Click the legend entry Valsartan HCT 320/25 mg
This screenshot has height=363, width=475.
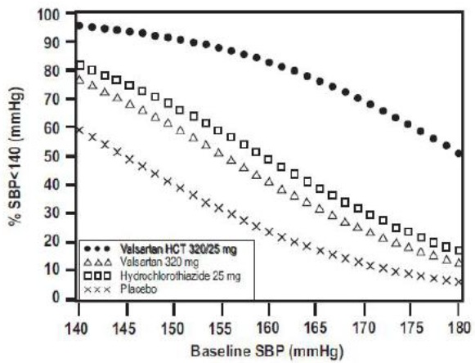coord(178,249)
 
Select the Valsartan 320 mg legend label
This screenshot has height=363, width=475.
coord(159,262)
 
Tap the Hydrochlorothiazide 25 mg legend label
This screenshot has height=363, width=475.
coord(181,276)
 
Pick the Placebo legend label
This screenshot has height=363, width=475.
coord(139,289)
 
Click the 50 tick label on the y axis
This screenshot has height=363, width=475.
coord(52,156)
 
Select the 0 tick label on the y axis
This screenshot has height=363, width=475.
coord(56,298)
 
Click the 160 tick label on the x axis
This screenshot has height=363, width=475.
coord(268,329)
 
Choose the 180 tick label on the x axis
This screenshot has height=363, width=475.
coord(459,329)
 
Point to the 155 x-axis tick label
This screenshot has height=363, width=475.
coord(221,329)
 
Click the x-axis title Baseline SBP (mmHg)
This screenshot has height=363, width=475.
coord(267,352)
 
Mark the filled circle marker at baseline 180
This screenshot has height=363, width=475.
coord(459,154)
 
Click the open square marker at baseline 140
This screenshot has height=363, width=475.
coord(80,65)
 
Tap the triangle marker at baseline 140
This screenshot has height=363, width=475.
coord(79,80)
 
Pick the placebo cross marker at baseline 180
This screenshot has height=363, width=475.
coord(459,282)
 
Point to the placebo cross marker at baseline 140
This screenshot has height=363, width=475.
coord(79,130)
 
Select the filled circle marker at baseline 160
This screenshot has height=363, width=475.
coord(269,62)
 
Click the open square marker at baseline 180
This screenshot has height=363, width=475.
coord(459,251)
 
